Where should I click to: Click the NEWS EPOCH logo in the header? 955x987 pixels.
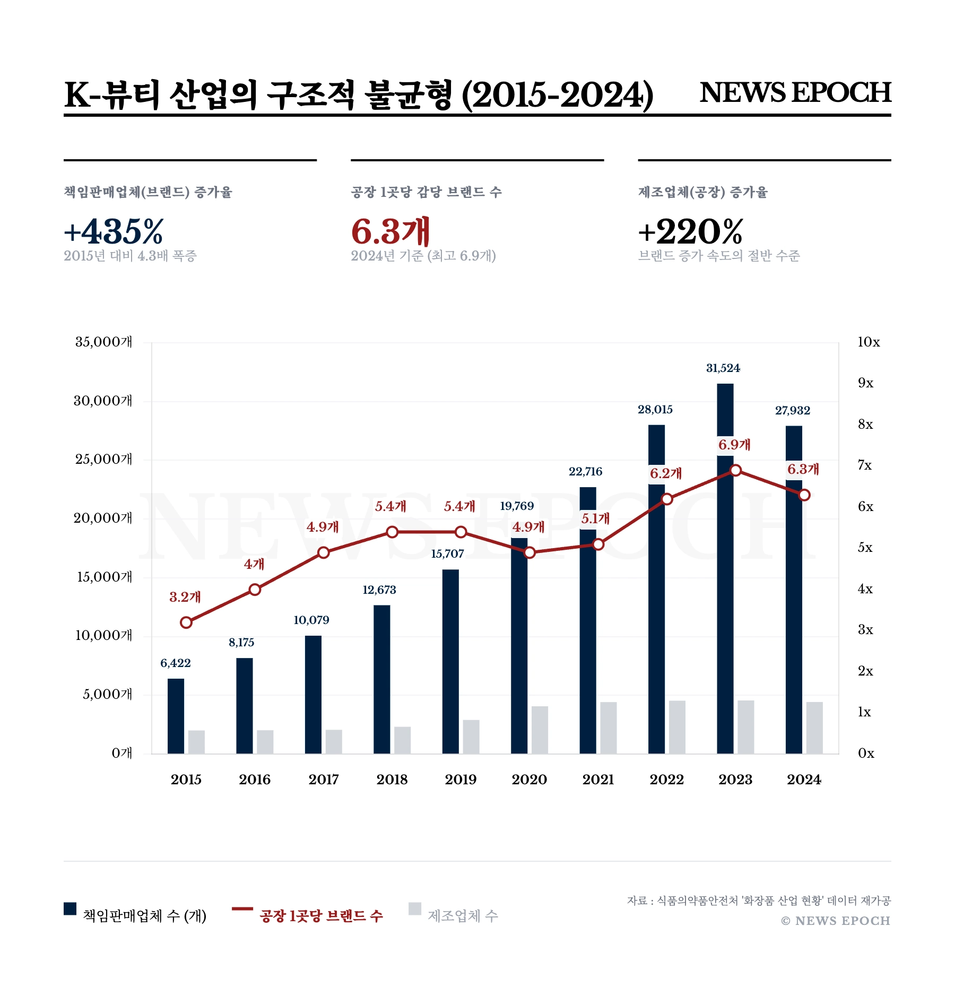click(795, 92)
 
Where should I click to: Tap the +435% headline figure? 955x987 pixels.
click(114, 231)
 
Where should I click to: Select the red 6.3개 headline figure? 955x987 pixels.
click(390, 231)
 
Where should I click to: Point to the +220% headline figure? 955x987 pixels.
click(690, 231)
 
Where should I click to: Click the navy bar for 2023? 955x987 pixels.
click(725, 568)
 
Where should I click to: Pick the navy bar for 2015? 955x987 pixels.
click(176, 716)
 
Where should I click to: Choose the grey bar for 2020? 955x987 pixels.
click(540, 730)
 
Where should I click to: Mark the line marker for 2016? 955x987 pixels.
click(255, 590)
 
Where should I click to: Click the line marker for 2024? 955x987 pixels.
click(804, 495)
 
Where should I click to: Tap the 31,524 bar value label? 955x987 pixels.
click(723, 368)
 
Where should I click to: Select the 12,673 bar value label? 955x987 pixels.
click(379, 590)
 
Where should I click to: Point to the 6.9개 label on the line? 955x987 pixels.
click(734, 445)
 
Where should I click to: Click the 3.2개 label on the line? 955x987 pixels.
click(185, 597)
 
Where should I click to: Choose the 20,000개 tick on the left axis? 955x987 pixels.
click(103, 518)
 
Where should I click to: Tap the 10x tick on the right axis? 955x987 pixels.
click(869, 342)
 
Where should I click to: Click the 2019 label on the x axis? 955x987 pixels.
click(461, 780)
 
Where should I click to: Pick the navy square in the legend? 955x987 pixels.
click(70, 908)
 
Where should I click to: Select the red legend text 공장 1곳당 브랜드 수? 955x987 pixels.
click(321, 916)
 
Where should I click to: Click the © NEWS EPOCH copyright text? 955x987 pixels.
click(836, 921)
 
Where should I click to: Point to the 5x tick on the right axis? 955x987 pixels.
click(865, 548)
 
